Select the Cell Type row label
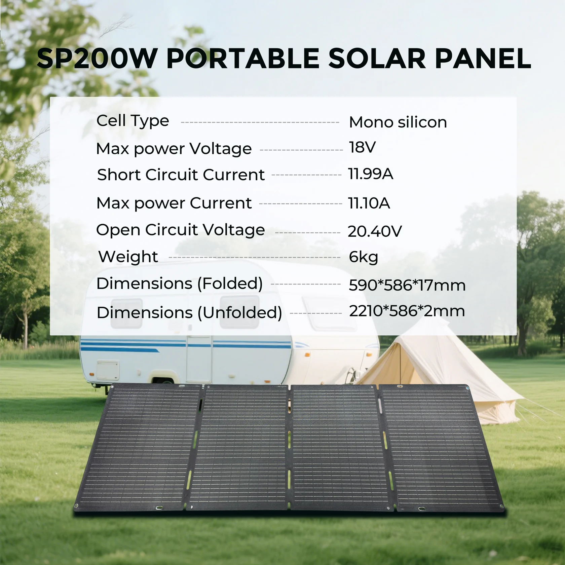click(133, 121)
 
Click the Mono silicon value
click(398, 122)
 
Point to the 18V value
click(362, 147)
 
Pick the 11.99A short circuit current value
click(371, 174)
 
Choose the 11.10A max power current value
click(369, 203)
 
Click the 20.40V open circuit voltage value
click(375, 231)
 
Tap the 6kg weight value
click(364, 257)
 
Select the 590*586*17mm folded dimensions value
click(407, 285)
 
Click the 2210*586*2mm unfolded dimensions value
click(407, 311)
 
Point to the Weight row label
click(128, 257)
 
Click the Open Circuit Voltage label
click(180, 230)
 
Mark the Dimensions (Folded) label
click(180, 284)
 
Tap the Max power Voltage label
click(174, 149)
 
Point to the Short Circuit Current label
click(181, 175)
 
